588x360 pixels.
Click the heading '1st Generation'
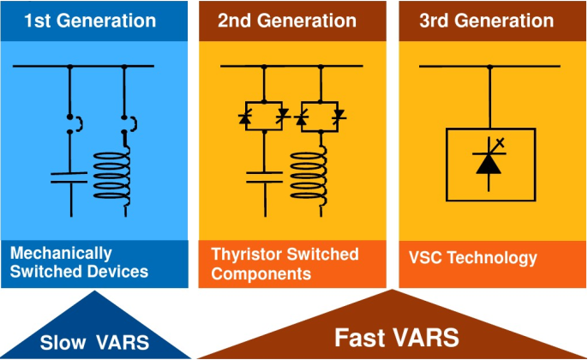[90, 20]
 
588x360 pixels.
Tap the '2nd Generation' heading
[286, 20]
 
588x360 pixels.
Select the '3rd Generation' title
[486, 20]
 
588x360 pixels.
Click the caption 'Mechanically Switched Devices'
[80, 263]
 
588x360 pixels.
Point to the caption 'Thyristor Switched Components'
[285, 264]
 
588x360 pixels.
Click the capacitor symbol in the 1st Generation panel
[69, 177]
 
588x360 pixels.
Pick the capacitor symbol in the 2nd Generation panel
[265, 177]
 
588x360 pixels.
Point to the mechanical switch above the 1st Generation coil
[127, 125]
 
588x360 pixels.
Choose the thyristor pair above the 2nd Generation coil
[319, 115]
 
